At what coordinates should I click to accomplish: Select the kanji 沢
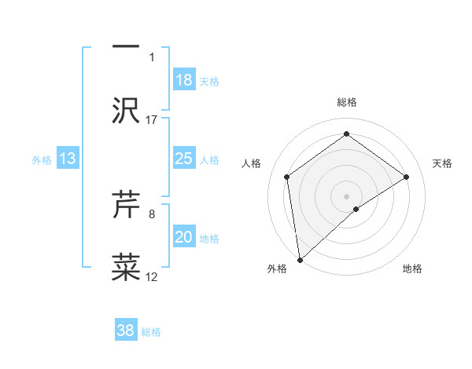126,110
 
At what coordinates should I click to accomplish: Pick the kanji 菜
126,267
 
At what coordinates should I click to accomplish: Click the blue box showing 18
184,80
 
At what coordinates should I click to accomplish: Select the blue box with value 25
184,159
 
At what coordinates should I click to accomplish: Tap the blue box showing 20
184,237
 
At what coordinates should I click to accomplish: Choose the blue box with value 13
68,159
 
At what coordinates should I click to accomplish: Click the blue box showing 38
126,331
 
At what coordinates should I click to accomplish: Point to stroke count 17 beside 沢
152,119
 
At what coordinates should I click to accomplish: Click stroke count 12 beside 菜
152,276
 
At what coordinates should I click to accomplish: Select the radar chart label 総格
346,102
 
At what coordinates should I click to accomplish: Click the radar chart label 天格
442,163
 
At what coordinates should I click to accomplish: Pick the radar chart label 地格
412,269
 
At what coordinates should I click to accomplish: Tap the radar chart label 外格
277,269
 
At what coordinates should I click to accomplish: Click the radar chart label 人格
252,163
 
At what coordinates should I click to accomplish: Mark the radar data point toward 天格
407,177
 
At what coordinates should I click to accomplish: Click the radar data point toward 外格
299,259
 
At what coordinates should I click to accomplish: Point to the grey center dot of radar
346,195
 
